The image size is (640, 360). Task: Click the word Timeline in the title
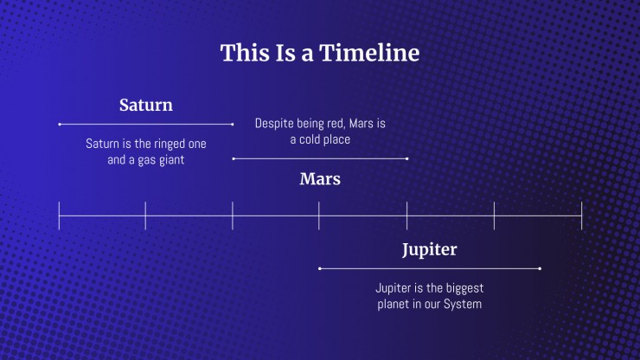(x=369, y=53)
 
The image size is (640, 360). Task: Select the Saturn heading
(x=145, y=105)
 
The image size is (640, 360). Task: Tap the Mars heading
(x=320, y=179)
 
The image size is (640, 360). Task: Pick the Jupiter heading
(x=429, y=250)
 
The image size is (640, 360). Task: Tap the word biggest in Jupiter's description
(x=464, y=288)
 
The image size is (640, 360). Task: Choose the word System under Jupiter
(x=463, y=305)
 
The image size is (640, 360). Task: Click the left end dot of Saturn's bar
(x=60, y=125)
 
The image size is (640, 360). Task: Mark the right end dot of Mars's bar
(x=407, y=158)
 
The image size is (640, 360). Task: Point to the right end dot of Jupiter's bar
(x=540, y=268)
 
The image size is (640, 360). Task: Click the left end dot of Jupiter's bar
(x=320, y=268)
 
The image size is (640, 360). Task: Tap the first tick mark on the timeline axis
(x=59, y=215)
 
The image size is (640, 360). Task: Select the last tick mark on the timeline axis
(x=581, y=215)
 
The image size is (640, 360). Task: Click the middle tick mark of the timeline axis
(x=319, y=215)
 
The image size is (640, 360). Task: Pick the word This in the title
(x=245, y=53)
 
